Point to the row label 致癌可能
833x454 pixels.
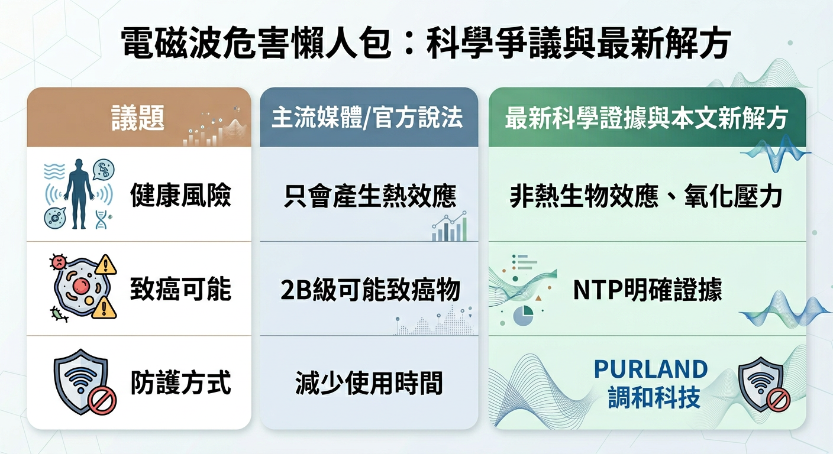[x=180, y=290]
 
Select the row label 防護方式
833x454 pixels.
[x=180, y=383]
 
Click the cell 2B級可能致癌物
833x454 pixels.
[x=370, y=290]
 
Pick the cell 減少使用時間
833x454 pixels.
[x=369, y=383]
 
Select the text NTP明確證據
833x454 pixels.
[x=647, y=290]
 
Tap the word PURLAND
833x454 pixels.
[x=651, y=369]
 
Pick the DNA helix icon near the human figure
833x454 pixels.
[x=101, y=221]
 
